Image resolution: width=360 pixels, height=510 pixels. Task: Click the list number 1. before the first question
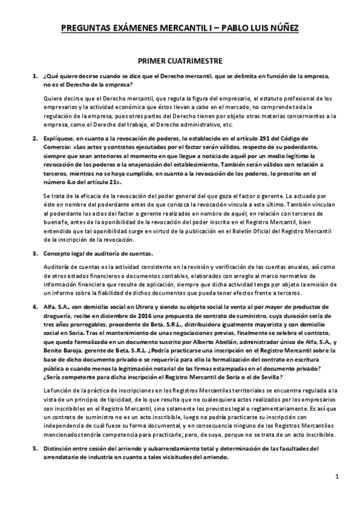click(35, 78)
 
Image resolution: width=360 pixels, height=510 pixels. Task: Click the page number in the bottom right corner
click(338, 494)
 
